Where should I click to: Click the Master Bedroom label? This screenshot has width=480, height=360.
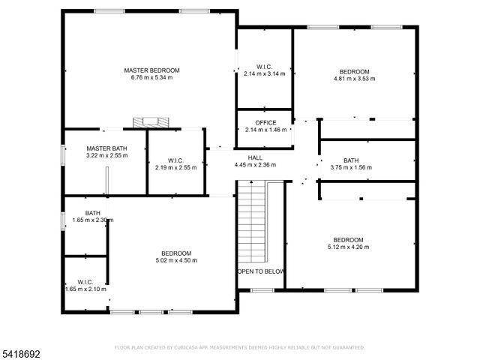point(151,70)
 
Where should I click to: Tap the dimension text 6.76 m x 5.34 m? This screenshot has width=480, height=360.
point(151,77)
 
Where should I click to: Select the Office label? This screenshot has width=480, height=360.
point(265,123)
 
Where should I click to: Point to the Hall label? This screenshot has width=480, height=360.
point(255,157)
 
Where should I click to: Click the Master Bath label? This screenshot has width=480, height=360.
point(106,148)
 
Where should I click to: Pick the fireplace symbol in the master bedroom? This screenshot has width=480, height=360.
point(148,122)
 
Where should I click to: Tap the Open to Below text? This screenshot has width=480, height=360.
point(260,271)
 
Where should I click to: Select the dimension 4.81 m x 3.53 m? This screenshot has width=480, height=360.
point(353,77)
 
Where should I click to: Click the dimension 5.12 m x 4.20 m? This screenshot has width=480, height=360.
point(348,247)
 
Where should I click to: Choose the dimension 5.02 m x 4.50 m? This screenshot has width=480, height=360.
point(175,260)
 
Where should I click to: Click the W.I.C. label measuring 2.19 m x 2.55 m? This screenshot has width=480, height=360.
point(175,160)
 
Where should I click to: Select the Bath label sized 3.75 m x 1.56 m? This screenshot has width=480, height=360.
point(351,160)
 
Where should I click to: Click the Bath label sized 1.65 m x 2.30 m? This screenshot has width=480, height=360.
point(93,213)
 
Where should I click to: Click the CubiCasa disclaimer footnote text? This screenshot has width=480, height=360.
point(239,347)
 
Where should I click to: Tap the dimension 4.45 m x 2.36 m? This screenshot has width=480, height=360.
point(255,165)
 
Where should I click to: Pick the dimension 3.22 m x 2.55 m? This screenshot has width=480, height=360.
point(106,156)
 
